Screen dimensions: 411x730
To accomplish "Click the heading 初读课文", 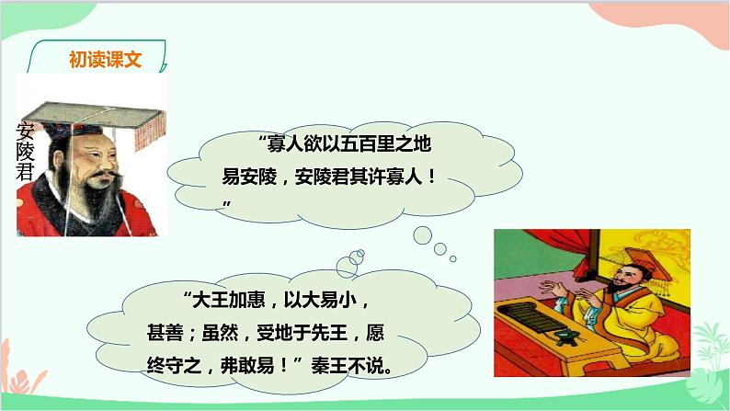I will pyautogui.click(x=105, y=59).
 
